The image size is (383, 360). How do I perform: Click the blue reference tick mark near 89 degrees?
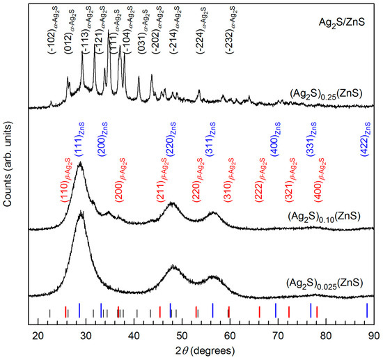pyautogui.click(x=367, y=310)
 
